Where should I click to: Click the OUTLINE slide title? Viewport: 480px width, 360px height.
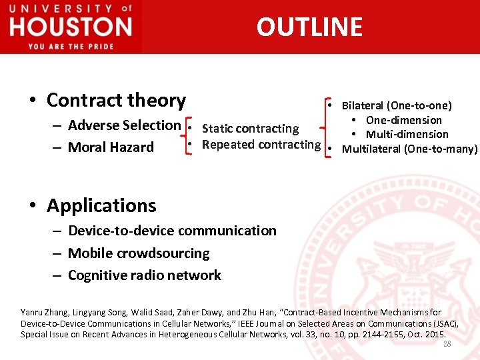(309, 27)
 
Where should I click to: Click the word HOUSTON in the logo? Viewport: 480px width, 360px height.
(71, 27)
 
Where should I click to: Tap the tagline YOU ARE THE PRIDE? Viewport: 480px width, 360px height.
(71, 46)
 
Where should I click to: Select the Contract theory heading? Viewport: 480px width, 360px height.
(116, 100)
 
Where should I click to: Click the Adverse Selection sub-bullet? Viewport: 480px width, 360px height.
(124, 125)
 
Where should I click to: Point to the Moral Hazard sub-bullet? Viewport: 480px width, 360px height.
(111, 147)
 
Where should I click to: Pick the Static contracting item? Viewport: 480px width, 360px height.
(250, 129)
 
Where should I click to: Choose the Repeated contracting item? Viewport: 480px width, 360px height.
(261, 145)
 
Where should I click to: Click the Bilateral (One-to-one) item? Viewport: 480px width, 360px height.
(397, 105)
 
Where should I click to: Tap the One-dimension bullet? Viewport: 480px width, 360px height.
(403, 120)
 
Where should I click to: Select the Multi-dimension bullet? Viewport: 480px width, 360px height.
(407, 135)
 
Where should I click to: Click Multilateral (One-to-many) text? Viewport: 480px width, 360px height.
(409, 149)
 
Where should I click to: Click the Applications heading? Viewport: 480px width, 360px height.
(101, 205)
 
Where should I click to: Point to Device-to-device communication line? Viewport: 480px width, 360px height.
(172, 231)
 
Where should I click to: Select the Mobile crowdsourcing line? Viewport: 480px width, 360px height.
(139, 253)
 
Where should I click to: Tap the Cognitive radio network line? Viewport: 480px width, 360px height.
(145, 275)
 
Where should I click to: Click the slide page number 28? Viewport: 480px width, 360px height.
(447, 344)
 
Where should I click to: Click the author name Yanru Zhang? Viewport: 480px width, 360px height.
(43, 312)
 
